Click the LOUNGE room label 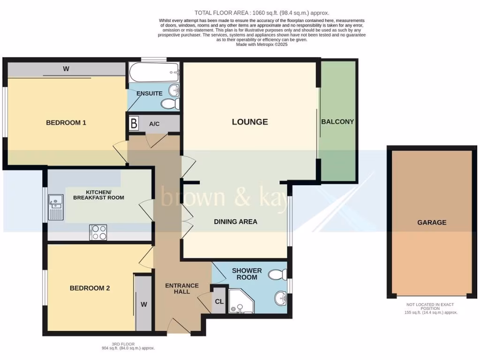(x=250, y=122)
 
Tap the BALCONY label (x=337, y=121)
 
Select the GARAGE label (x=432, y=222)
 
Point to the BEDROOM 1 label (x=66, y=123)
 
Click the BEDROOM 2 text (x=90, y=288)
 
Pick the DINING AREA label (x=235, y=221)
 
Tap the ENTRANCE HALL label (x=182, y=288)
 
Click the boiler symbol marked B (x=134, y=124)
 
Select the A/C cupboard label (x=154, y=124)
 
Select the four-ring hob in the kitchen (x=98, y=232)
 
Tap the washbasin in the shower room (x=281, y=297)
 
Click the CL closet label (x=219, y=301)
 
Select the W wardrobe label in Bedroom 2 (x=144, y=304)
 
